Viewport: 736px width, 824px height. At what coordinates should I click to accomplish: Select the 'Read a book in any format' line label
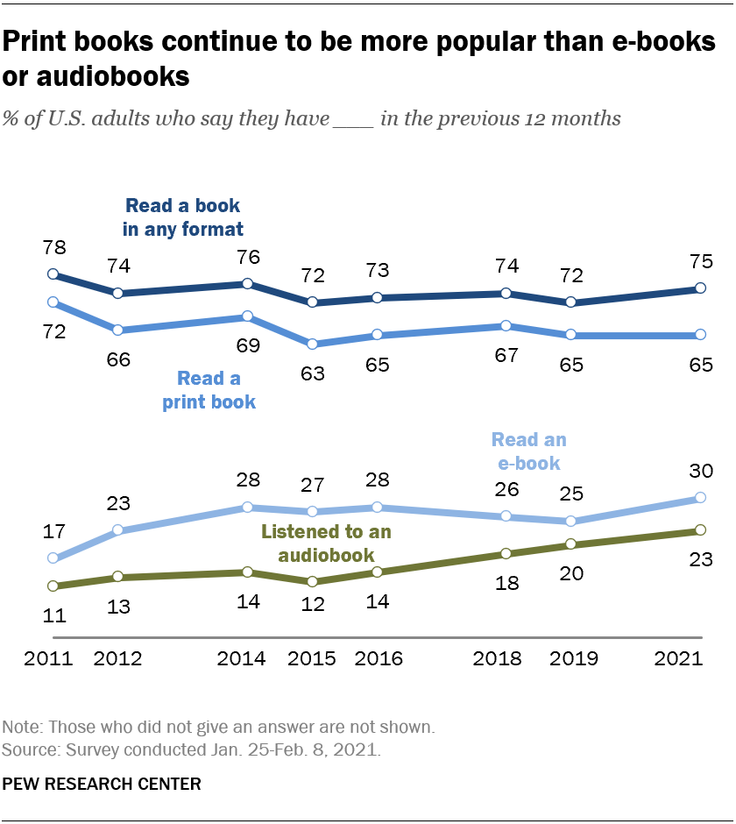pos(183,217)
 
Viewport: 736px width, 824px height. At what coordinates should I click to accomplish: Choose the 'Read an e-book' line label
pos(528,451)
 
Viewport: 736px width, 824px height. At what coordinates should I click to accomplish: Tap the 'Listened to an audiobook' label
pos(326,543)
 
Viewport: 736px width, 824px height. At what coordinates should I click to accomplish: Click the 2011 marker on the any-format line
pos(53,274)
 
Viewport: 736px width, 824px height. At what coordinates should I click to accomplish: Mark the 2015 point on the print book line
pos(312,345)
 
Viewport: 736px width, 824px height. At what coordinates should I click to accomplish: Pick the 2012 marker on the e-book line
pos(118,530)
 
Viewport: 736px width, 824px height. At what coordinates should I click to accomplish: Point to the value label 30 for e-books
pos(700,472)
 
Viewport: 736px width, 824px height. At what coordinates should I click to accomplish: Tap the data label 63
pos(312,373)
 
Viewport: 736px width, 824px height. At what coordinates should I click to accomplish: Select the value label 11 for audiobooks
pos(54,614)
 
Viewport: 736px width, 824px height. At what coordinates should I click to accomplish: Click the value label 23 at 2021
pos(700,559)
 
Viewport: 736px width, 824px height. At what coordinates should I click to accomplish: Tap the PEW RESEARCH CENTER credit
pos(102,784)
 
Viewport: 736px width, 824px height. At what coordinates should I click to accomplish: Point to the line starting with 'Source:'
pos(192,750)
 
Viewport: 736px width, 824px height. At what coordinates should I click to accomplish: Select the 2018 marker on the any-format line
pos(506,294)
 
